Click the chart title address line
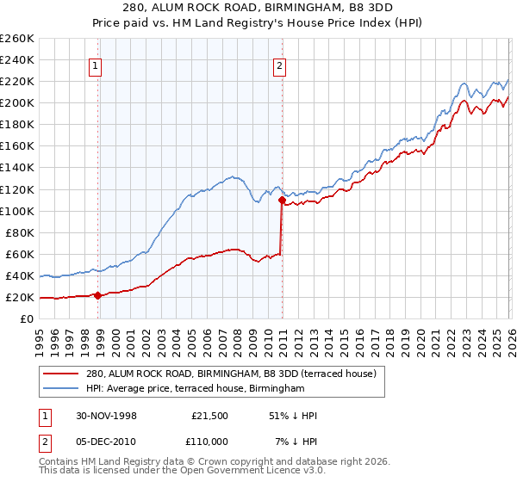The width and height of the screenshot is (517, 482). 258,8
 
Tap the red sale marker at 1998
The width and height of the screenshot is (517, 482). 97,295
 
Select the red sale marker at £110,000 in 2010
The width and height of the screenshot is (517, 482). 281,200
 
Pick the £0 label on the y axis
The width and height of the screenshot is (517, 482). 26,319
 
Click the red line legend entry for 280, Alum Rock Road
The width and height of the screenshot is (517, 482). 231,374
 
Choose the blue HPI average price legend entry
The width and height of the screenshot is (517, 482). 196,389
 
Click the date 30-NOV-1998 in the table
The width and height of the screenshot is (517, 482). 106,416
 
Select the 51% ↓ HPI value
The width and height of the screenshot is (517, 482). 293,416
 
